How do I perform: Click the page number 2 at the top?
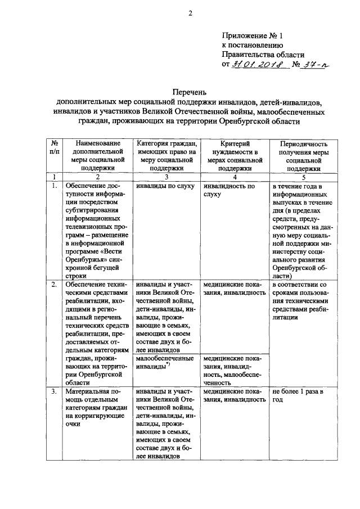coord(190,14)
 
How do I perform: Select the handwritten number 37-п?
coord(316,65)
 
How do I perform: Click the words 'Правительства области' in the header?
coord(263,55)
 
